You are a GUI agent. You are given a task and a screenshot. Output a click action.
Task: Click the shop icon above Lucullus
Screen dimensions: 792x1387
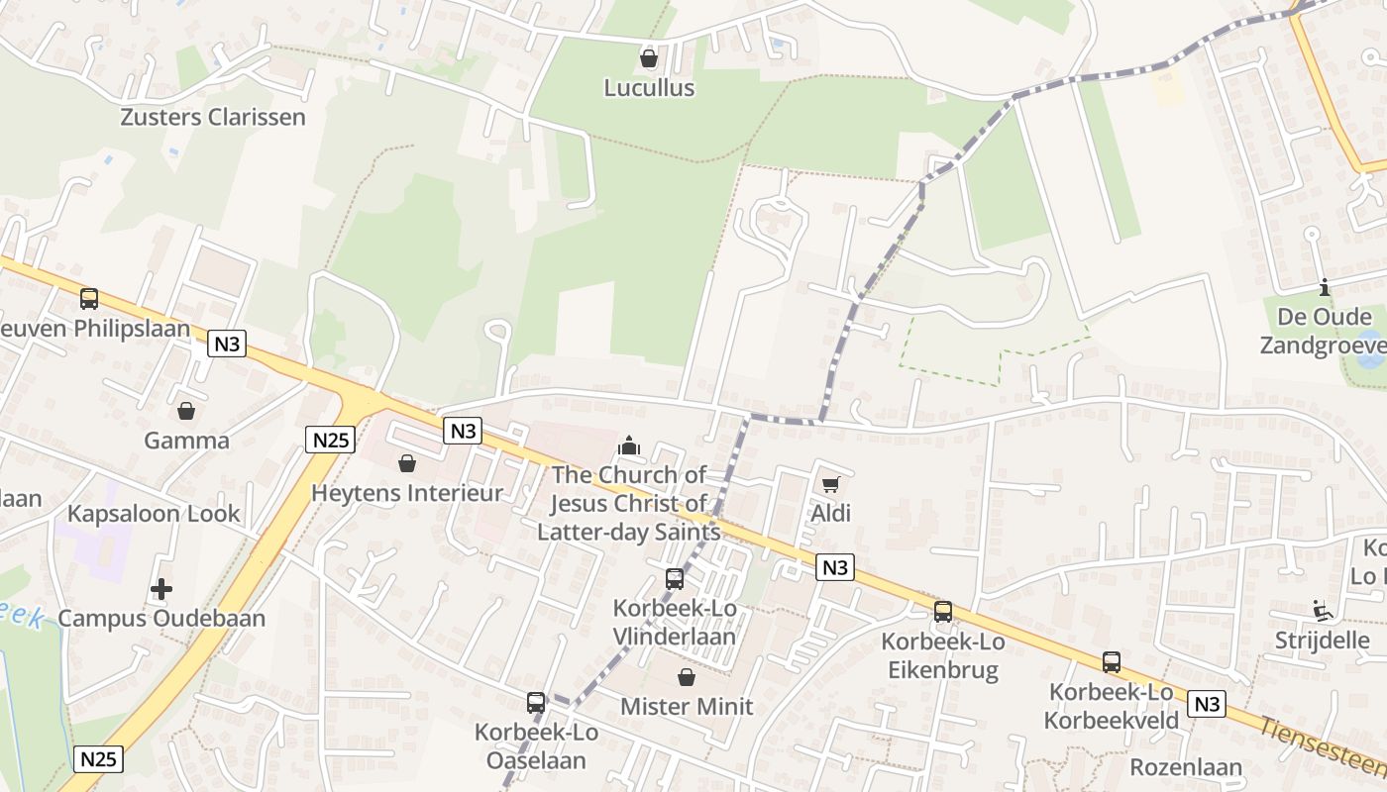point(649,59)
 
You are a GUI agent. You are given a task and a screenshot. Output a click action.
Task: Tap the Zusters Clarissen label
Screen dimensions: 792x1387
point(213,117)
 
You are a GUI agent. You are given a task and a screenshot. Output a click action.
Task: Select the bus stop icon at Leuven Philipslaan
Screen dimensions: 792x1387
point(89,298)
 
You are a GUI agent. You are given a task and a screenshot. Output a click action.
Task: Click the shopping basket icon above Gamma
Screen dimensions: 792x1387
point(186,411)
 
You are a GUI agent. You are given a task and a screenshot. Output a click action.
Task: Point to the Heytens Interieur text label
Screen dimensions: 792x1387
point(407,493)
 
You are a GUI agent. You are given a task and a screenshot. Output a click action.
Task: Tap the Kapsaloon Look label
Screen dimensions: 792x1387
point(154,514)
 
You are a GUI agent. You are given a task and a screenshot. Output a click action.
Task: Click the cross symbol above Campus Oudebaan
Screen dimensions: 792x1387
point(161,590)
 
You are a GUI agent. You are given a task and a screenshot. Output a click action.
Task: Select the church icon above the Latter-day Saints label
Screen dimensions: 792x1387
point(629,446)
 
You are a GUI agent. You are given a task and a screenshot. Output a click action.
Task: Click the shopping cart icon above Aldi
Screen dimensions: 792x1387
point(830,484)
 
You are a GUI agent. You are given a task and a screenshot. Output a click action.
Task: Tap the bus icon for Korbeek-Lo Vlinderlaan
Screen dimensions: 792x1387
point(675,579)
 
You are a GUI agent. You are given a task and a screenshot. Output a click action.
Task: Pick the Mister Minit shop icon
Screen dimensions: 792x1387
point(686,677)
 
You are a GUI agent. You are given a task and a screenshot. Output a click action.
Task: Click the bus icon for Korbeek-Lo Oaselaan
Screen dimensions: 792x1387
point(536,703)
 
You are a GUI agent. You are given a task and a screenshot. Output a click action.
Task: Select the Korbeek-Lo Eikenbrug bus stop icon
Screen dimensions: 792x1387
point(943,612)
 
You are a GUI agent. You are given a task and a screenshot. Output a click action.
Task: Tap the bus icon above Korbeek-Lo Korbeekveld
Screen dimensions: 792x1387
point(1112,662)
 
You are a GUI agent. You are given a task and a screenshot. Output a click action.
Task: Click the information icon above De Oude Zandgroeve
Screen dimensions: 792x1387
point(1325,288)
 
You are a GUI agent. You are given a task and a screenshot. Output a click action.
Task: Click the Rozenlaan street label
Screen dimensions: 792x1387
point(1186,767)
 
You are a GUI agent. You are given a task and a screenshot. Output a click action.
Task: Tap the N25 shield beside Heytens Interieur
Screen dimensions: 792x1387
point(330,440)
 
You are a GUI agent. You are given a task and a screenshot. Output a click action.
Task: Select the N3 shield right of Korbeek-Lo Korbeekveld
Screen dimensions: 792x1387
point(1206,704)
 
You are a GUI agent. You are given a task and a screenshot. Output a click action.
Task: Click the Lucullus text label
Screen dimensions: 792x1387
point(649,88)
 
